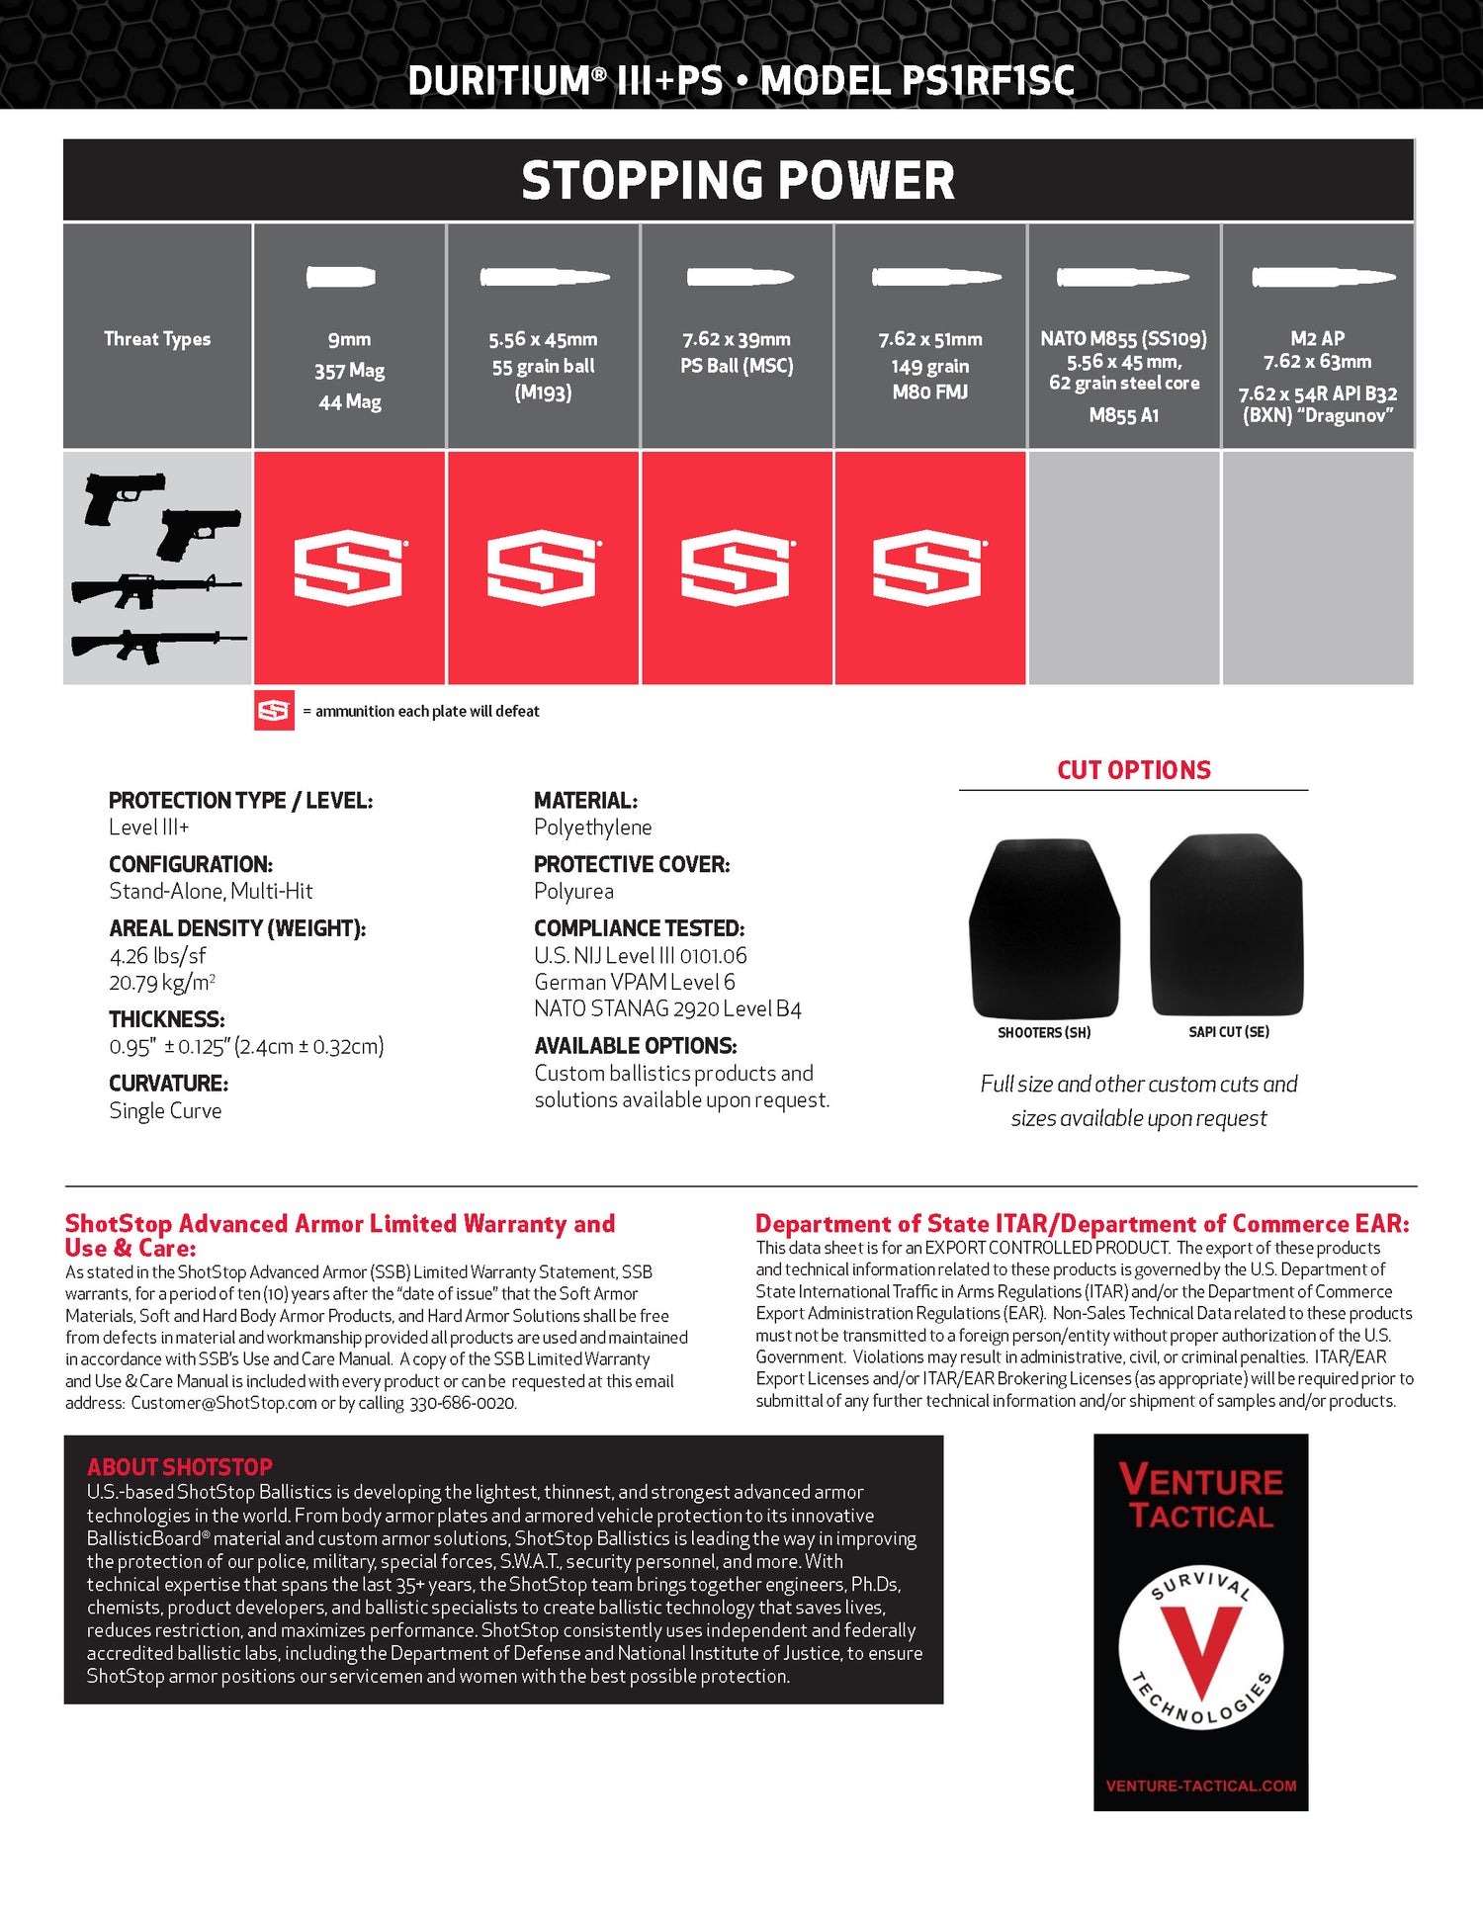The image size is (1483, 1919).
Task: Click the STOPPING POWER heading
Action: coord(738,180)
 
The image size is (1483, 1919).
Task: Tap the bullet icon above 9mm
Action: coord(341,277)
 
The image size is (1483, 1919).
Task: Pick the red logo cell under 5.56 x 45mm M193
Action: coord(542,567)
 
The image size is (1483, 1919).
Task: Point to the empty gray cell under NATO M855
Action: coord(1123,567)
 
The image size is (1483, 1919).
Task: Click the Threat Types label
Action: coord(157,339)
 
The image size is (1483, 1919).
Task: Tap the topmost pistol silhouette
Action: coord(123,497)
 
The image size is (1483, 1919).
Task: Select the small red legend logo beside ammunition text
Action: coord(274,710)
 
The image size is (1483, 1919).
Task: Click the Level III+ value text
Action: coord(148,828)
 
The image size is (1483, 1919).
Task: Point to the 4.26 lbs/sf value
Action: coord(157,955)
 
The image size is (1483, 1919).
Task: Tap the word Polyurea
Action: coord(573,891)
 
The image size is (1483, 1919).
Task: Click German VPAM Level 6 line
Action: coord(634,982)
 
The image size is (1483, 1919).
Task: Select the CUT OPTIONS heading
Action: coord(1133,770)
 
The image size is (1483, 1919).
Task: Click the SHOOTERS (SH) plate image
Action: coord(1044,927)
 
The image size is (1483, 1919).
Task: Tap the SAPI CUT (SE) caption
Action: coord(1228,1032)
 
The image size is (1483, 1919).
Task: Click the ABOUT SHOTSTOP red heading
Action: coord(179,1467)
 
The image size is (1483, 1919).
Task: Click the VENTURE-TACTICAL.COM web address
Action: coord(1200,1786)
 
